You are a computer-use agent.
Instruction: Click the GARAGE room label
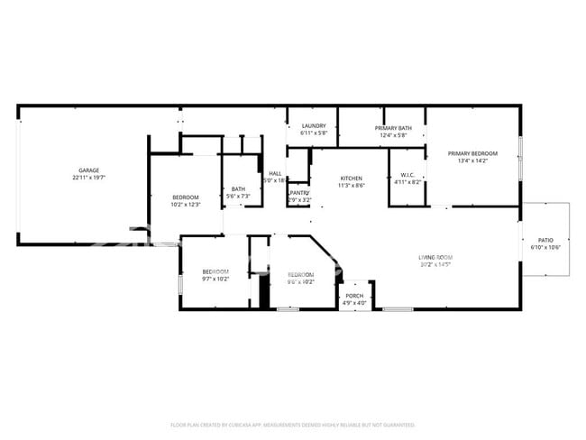coord(88,170)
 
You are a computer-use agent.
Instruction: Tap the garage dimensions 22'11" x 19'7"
coord(88,178)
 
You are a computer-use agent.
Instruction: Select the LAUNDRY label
coord(314,126)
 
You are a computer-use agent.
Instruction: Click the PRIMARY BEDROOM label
coord(472,153)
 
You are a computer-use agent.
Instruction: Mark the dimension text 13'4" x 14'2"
coord(472,160)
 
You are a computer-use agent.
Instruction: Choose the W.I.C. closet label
coord(407,175)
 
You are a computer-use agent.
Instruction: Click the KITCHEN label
coord(351,178)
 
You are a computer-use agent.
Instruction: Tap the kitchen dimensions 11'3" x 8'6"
coord(351,185)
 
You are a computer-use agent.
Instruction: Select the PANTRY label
coord(299,192)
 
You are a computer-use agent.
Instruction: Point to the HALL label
coord(275,173)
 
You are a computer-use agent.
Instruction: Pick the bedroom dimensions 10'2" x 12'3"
coord(186,204)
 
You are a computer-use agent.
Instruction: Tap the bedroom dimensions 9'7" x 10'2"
coord(215,279)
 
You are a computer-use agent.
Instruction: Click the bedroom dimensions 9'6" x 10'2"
coord(300,281)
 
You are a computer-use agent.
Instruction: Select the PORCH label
coord(355,295)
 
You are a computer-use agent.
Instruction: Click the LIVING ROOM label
coord(435,257)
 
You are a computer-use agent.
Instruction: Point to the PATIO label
coord(545,240)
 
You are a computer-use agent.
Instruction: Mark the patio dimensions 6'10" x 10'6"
coord(545,247)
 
